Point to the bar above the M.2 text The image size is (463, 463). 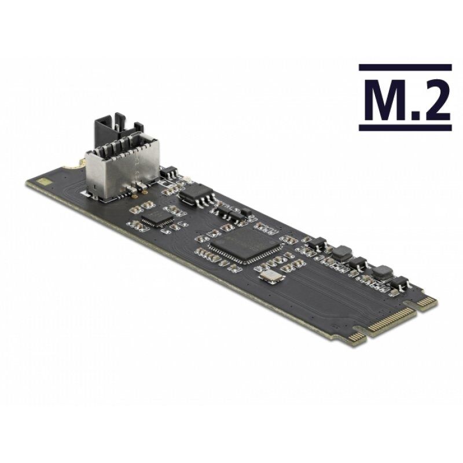pos(405,68)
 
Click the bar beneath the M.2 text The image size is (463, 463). pos(405,127)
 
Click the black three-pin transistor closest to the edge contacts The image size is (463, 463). pos(399,282)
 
